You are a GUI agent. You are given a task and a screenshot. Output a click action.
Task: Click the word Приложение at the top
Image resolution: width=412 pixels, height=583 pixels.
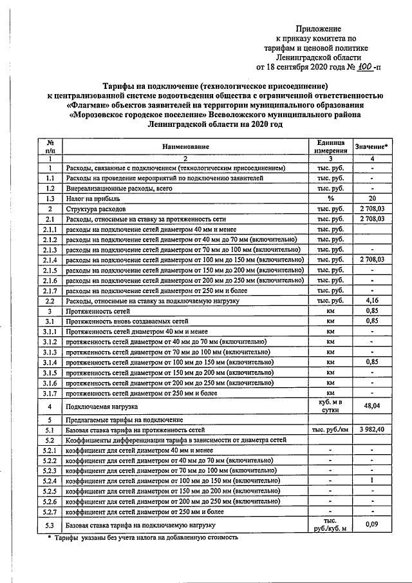[318, 28]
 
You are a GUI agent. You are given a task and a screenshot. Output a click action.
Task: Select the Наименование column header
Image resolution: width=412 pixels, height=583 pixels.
[185, 147]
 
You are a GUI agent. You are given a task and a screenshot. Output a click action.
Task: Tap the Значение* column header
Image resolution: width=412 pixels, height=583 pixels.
[372, 147]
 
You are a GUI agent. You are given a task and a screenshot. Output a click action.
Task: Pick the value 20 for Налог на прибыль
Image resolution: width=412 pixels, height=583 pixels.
[371, 199]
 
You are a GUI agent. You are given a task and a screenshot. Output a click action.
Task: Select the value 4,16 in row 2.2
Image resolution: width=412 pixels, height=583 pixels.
[371, 300]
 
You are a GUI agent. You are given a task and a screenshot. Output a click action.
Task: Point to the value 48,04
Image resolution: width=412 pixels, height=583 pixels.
[371, 407]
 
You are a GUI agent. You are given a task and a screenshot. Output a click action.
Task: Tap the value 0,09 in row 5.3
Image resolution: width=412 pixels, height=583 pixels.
[371, 525]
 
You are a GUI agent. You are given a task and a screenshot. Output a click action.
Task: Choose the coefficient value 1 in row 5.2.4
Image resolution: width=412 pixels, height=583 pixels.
[371, 481]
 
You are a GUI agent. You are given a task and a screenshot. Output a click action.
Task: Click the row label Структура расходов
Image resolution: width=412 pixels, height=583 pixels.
[90, 209]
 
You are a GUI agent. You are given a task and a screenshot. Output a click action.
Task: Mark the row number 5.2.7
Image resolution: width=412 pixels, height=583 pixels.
[49, 511]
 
